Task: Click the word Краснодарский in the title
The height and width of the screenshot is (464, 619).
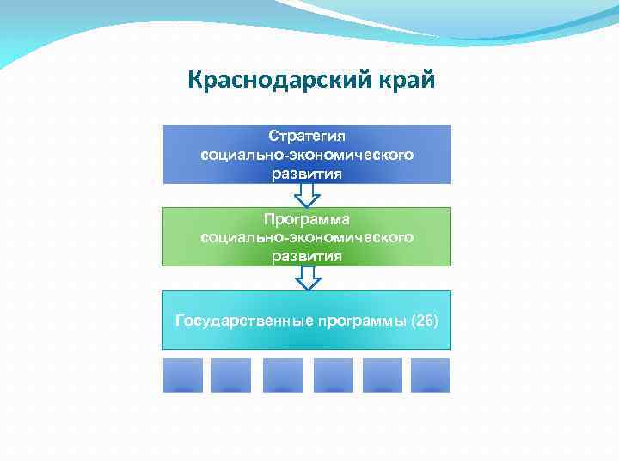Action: [x=277, y=82]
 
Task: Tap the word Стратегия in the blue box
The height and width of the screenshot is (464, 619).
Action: [x=307, y=137]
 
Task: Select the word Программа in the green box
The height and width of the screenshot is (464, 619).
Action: [x=307, y=219]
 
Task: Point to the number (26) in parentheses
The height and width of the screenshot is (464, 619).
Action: [x=425, y=321]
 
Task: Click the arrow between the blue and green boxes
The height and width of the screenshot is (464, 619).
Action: [x=307, y=196]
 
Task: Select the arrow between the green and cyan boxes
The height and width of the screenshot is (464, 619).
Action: [x=307, y=278]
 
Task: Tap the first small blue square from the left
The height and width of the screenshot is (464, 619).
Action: [x=183, y=375]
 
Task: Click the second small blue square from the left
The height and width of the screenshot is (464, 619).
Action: [x=231, y=375]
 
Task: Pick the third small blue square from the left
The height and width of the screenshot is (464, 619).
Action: [x=283, y=375]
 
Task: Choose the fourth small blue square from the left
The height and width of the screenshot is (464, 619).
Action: [x=334, y=375]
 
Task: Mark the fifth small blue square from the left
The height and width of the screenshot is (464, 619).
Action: [x=383, y=375]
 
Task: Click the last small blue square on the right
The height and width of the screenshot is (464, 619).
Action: [x=431, y=375]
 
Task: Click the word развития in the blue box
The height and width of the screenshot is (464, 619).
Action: [x=307, y=174]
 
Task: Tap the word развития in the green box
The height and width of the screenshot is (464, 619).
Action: [x=307, y=256]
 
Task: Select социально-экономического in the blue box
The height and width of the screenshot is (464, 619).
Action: [x=307, y=156]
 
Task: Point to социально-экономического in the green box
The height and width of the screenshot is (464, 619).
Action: [x=307, y=237]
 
